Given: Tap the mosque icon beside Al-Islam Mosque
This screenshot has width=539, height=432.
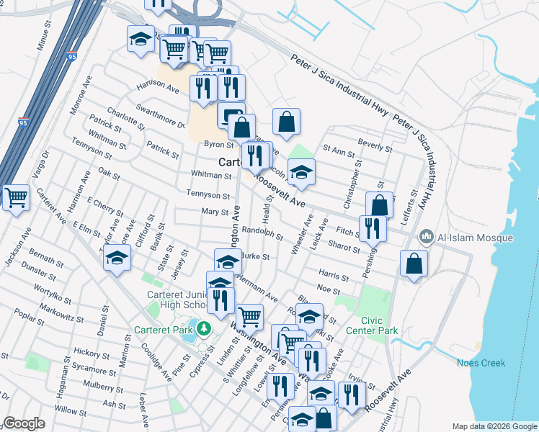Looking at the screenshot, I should [x=426, y=237].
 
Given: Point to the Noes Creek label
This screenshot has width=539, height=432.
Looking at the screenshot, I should [x=481, y=363].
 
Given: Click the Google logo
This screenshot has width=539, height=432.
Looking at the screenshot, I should [x=24, y=423].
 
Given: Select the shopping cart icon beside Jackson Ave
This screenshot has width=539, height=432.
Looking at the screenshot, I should [x=15, y=197].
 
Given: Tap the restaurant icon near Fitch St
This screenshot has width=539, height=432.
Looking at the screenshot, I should [x=373, y=228].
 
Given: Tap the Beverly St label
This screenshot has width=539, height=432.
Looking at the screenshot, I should [x=375, y=148].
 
